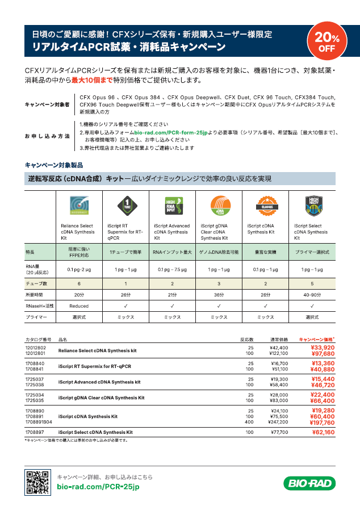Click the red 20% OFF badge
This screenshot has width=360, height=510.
click(x=326, y=43)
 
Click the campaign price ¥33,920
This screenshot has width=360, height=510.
click(x=322, y=347)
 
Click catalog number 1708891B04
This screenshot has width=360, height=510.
click(x=39, y=422)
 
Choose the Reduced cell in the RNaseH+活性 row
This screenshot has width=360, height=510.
click(x=79, y=306)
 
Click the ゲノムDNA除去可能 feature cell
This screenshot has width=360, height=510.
click(x=219, y=251)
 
